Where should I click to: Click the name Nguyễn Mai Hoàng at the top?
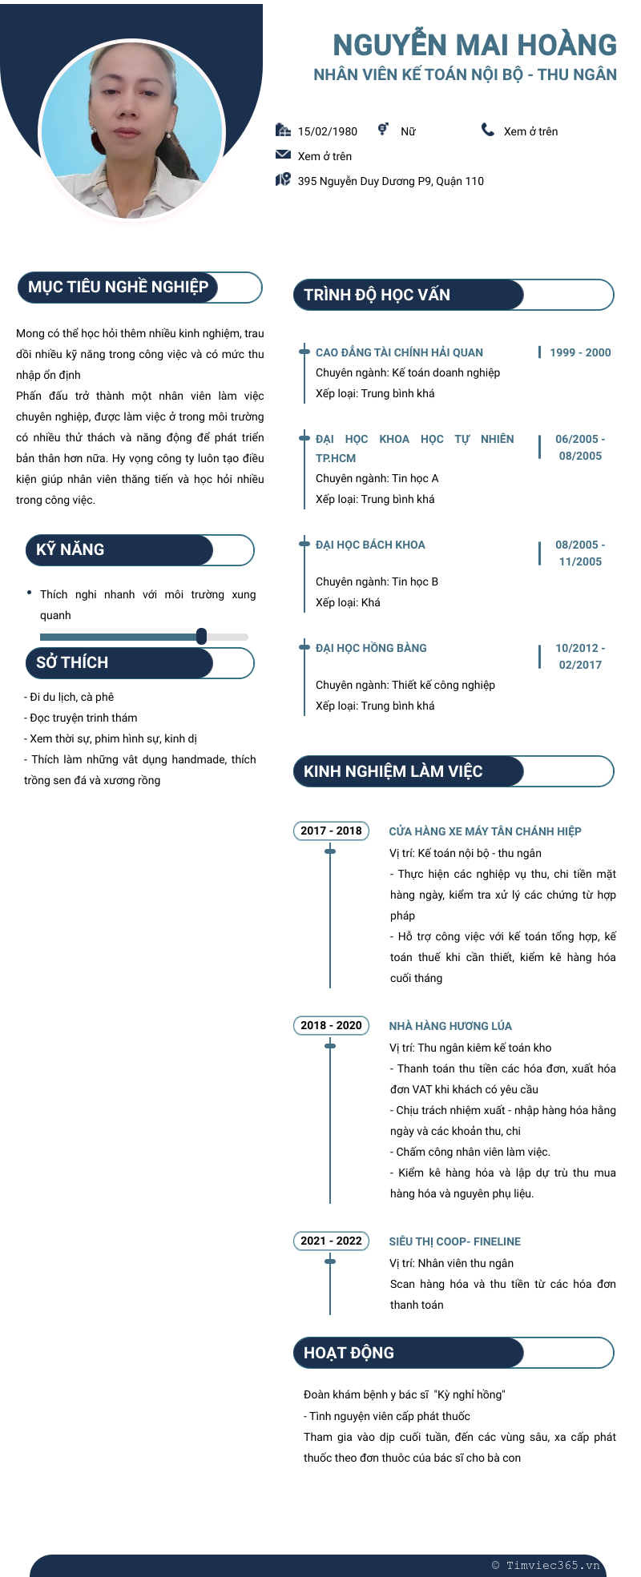tap(474, 45)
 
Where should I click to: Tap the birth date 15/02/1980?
tap(327, 131)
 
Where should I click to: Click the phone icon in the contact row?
tap(488, 130)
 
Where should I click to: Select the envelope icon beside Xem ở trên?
tap(283, 155)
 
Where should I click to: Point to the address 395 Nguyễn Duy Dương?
tap(390, 181)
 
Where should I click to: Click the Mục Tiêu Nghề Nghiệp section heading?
tap(118, 288)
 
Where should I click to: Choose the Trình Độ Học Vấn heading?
tap(377, 295)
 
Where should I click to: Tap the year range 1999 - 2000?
tap(580, 352)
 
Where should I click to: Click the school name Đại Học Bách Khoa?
tap(370, 545)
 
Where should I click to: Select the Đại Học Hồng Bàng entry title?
tap(371, 648)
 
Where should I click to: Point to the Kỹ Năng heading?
tap(71, 550)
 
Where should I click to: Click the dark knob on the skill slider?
tap(201, 636)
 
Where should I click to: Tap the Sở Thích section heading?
tap(72, 663)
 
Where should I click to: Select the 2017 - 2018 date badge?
tap(331, 831)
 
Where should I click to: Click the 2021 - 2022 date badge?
tap(331, 1241)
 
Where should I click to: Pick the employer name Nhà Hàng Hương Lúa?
tap(450, 1026)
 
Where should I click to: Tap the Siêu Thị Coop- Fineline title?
tap(454, 1241)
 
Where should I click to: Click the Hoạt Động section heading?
tap(349, 1353)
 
